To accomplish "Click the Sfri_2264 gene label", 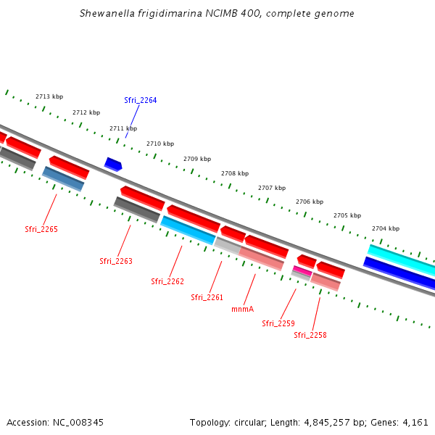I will (140, 100).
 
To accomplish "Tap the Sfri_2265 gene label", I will (41, 229).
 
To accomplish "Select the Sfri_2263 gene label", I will (116, 261).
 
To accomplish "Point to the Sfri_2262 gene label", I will (167, 281).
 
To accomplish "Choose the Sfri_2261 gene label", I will (207, 297).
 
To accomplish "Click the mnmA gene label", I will (242, 309).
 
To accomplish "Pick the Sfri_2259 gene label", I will (278, 323).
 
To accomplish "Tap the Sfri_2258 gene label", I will (310, 335).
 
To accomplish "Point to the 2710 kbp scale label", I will (160, 144).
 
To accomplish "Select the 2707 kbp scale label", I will (272, 188).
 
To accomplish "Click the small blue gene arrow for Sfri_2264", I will (113, 165).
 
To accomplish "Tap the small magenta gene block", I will (302, 271).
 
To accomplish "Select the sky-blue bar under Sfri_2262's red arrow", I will (188, 229).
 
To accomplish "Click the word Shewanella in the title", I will (108, 14).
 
